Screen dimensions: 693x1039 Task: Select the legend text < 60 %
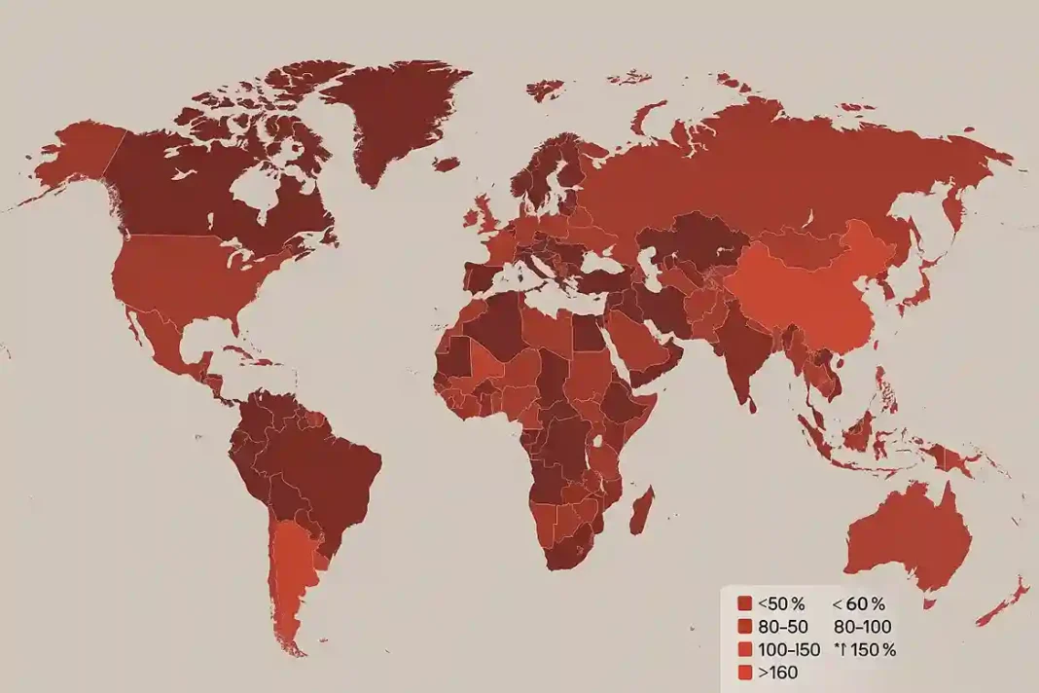859,604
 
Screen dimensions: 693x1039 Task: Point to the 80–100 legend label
862,627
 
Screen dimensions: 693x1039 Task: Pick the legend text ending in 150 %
865,649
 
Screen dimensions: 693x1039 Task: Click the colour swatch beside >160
745,672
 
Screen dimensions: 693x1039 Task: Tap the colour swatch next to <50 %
745,604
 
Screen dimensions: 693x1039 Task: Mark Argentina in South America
293,574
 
